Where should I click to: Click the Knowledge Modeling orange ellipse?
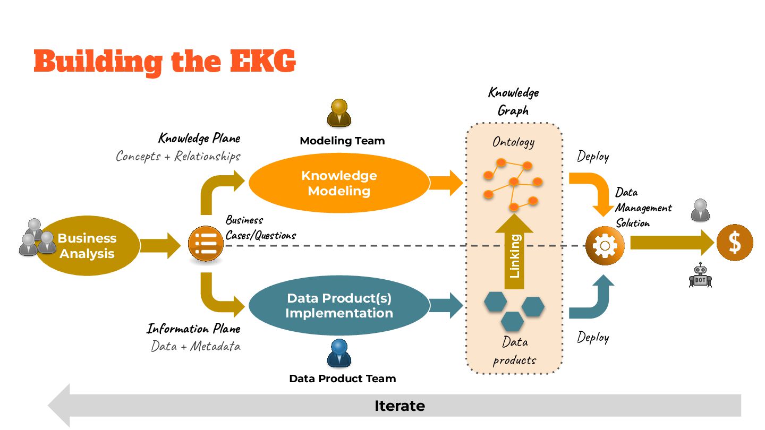coord(339,183)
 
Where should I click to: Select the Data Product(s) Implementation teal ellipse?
coord(339,306)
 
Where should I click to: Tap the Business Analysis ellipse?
coord(87,246)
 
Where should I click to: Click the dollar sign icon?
coord(735,243)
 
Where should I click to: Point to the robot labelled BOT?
coord(700,276)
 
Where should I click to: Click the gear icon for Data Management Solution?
coord(604,246)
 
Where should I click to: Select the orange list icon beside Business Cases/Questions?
coord(206,244)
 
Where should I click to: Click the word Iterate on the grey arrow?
coord(399,406)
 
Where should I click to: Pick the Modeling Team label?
coord(342,141)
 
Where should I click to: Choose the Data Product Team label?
coord(342,379)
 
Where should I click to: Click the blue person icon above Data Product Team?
coord(339,353)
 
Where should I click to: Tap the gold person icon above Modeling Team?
coord(339,113)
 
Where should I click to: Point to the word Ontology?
coord(513,142)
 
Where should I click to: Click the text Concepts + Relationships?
coord(178,156)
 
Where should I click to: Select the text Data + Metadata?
coord(195,346)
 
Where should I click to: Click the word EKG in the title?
coord(263,61)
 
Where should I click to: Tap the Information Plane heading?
coord(193,329)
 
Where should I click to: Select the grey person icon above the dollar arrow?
coord(700,210)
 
